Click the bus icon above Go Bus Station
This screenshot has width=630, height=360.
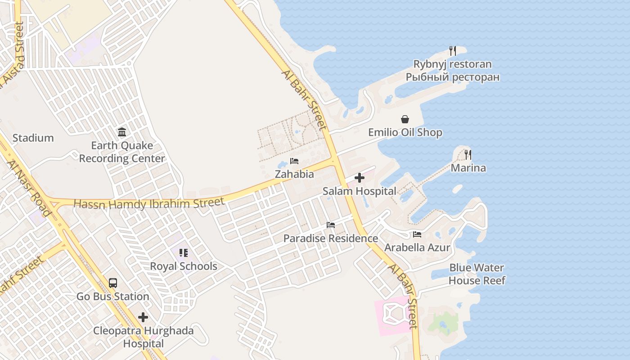[113, 283]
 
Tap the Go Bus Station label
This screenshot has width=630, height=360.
[113, 297]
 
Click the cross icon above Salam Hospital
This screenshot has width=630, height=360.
[359, 178]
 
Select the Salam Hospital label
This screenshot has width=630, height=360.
[360, 191]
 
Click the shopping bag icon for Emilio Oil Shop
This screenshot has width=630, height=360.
[405, 119]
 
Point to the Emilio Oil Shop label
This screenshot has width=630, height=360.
[405, 132]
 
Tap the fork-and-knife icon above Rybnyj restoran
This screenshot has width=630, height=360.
[453, 51]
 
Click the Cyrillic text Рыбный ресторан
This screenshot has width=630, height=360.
[453, 77]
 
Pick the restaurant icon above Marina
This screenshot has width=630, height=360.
[468, 155]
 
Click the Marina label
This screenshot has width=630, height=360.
[468, 168]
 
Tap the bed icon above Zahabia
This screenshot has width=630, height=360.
[294, 161]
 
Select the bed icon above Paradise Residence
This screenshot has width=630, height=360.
[331, 225]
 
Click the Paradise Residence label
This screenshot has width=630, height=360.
[331, 238]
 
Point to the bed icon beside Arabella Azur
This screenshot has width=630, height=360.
[417, 234]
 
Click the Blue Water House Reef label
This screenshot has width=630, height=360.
[477, 274]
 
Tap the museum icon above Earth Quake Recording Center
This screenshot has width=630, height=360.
[122, 132]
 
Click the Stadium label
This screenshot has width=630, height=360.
[33, 138]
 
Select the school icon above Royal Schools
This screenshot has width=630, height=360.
[183, 253]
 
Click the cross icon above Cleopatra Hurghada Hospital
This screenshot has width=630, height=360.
[143, 317]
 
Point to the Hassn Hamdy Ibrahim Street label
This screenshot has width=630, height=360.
[148, 203]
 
